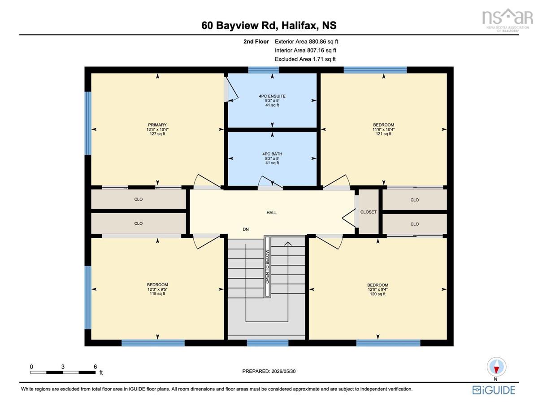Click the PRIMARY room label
(157, 125)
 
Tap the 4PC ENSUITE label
(272, 96)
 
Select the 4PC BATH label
(272, 154)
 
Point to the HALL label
(271, 213)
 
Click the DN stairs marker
(246, 229)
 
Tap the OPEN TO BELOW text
(267, 267)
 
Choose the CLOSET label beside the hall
(369, 212)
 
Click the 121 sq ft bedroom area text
(383, 134)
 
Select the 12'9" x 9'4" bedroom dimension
(377, 289)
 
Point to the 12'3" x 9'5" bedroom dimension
(157, 289)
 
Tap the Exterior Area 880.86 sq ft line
(306, 42)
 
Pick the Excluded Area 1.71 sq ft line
(305, 59)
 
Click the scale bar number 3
(63, 367)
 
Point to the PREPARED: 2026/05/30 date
(269, 372)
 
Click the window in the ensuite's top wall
(264, 70)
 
